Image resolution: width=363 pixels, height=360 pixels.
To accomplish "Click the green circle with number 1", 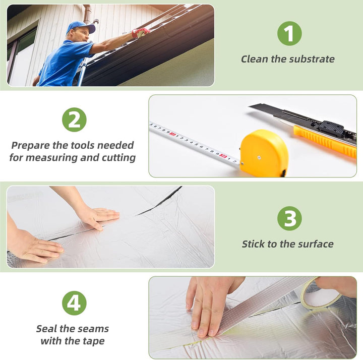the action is tap(289, 33).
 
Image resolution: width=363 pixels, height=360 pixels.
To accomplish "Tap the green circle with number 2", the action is tap(74, 119).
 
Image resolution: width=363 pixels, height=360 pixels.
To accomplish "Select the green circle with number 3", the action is tap(289, 218).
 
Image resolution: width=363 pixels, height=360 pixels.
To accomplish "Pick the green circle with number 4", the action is tap(74, 303).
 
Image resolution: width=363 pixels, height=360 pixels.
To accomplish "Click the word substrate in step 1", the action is tap(312, 59).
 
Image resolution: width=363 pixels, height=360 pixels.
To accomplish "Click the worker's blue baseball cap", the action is tap(81, 27).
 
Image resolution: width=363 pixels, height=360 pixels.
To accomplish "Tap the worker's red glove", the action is tap(141, 33).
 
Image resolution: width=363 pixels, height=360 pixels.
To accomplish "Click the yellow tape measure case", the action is tap(264, 153).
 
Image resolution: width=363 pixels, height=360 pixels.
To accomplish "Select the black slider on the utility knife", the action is tap(331, 128).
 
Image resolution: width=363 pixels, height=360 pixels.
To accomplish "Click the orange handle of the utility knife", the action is tap(325, 142).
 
